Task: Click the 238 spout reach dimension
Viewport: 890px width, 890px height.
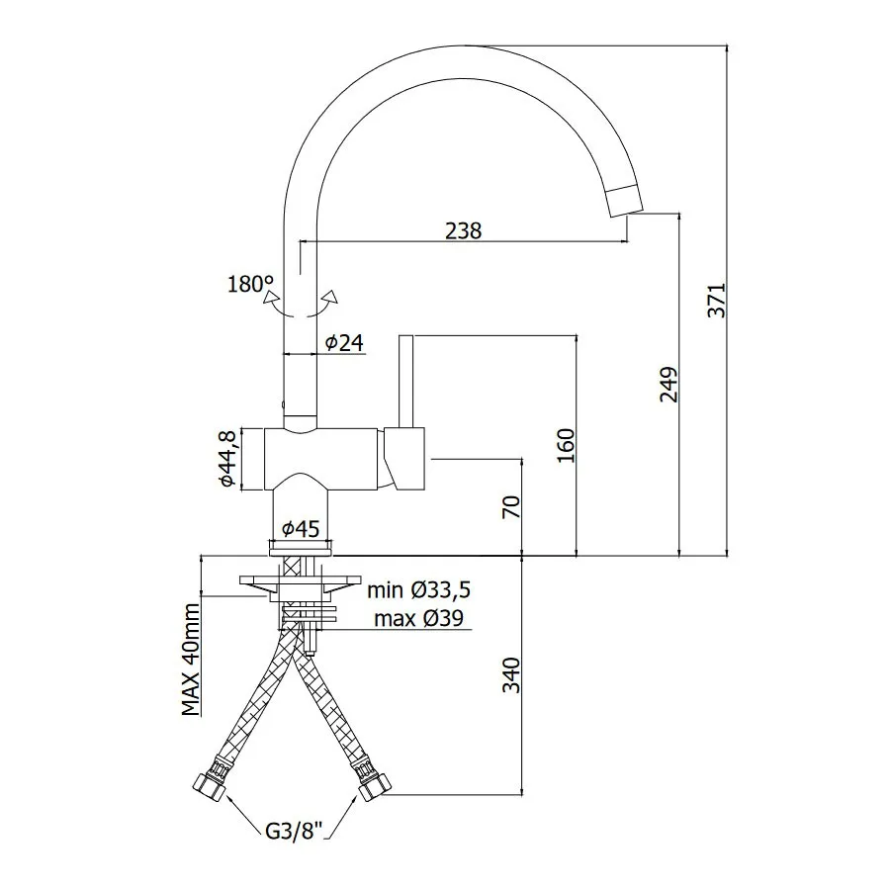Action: point(463,231)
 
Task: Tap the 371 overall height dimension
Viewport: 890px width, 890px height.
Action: point(716,301)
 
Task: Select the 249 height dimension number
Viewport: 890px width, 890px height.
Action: point(669,385)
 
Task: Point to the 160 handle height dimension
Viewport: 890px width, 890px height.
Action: point(566,445)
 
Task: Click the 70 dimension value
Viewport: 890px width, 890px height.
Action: point(511,506)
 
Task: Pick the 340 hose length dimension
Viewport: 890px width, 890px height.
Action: point(511,674)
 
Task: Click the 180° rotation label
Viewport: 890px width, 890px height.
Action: point(250,284)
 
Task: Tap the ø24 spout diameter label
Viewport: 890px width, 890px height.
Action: point(344,342)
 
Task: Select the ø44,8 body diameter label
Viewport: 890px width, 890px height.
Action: point(227,459)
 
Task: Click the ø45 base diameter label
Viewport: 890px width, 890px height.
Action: point(302,529)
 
